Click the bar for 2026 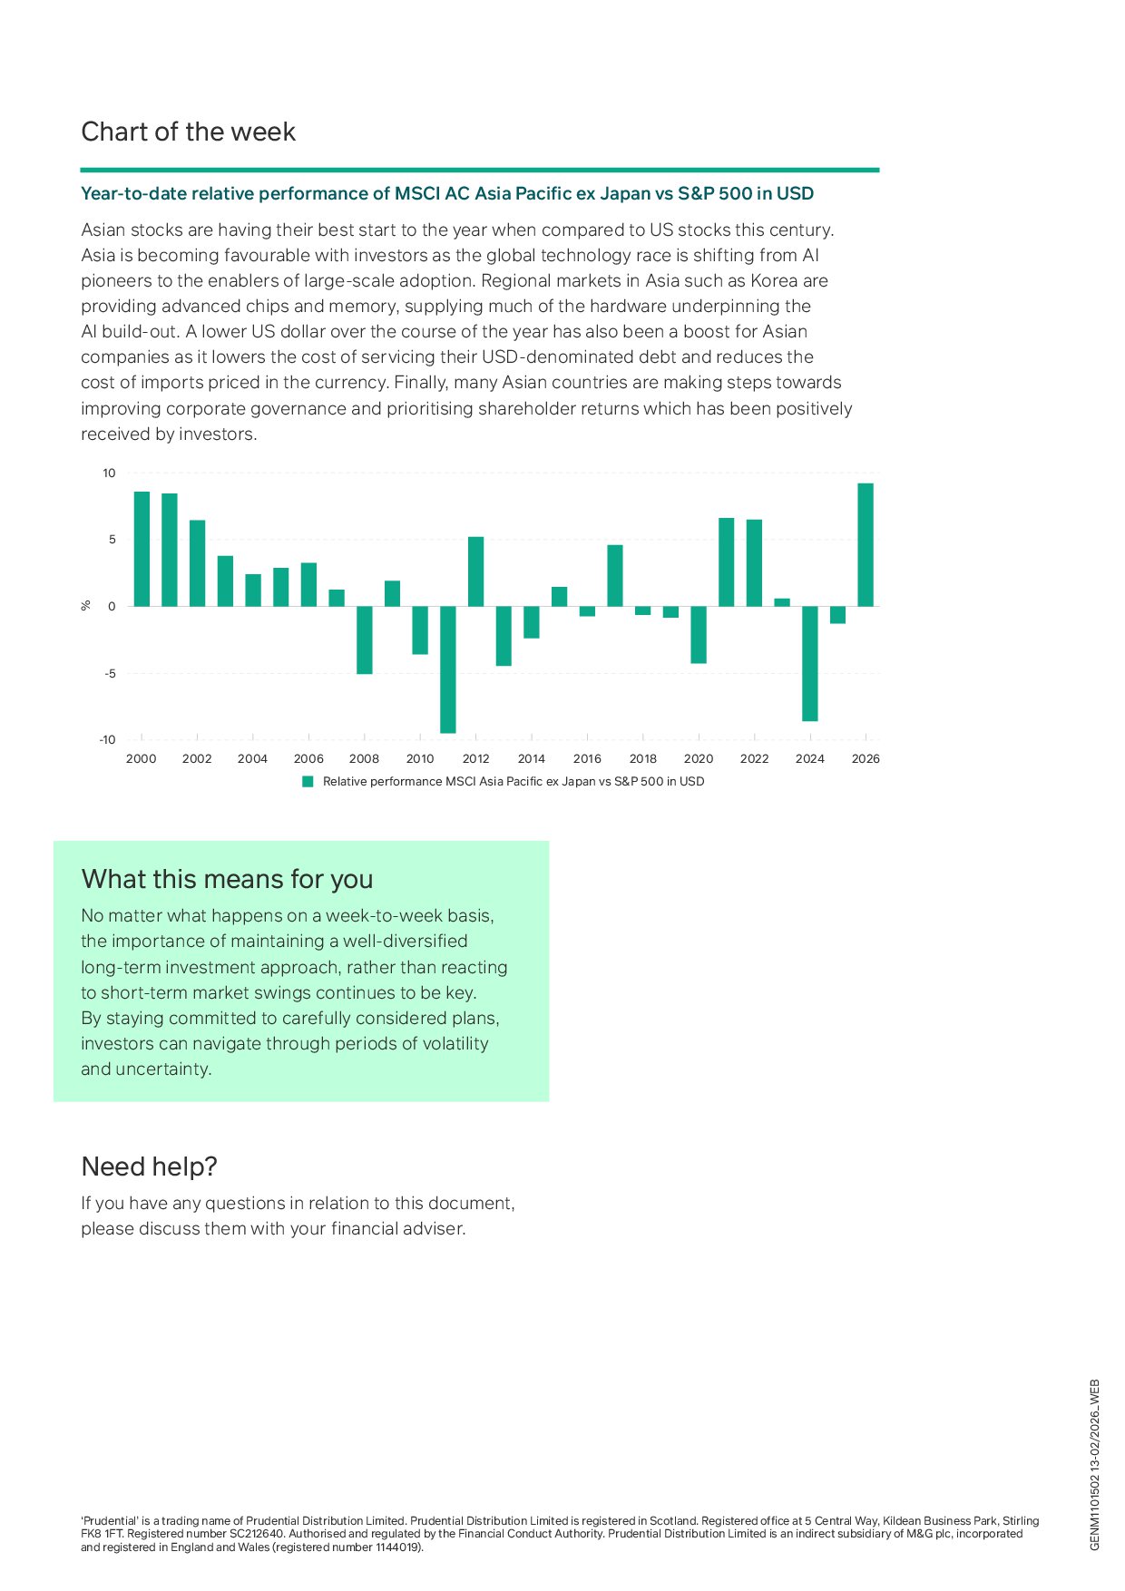866,544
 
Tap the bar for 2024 810,663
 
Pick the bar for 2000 142,549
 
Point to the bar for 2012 475,571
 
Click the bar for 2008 364,639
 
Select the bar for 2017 615,575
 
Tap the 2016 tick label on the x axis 587,759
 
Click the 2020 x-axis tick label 699,759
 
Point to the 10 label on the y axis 109,473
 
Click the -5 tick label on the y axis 109,673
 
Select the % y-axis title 86,606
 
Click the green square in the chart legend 308,782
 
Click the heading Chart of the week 189,132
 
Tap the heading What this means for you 227,879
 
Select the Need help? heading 150,1166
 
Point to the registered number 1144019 397,1547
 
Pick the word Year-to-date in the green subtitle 133,194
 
